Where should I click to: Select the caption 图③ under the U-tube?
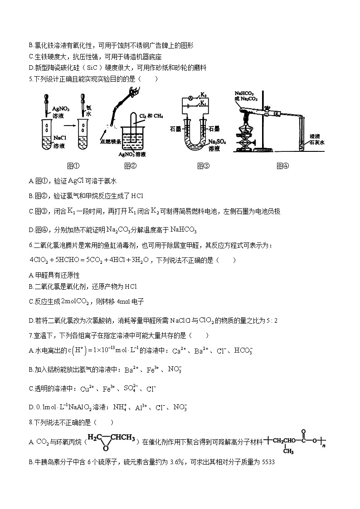203,165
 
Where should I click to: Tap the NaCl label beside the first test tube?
59,137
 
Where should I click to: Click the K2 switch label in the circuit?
204,96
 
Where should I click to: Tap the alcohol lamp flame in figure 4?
248,116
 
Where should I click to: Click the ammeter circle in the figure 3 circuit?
192,98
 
